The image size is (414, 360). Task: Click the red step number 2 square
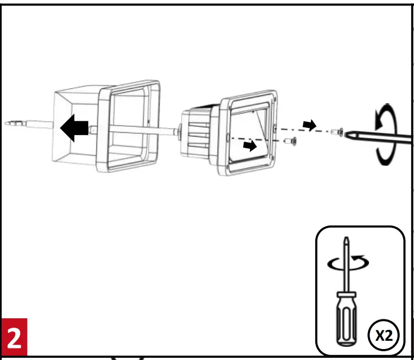(x=13, y=338)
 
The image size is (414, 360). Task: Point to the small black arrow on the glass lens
(x=250, y=146)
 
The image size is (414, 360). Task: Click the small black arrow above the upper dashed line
(x=310, y=125)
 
